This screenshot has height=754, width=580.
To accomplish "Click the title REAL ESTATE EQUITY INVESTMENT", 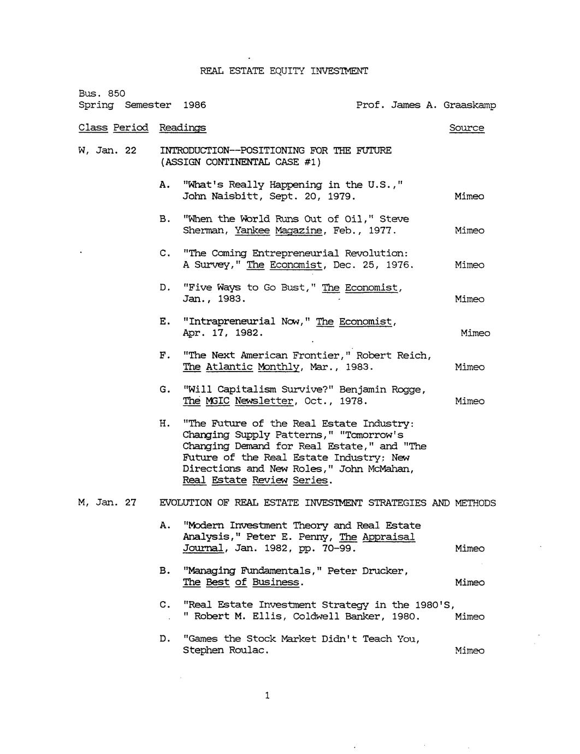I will point(284,71).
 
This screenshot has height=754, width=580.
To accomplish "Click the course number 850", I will point(116,93).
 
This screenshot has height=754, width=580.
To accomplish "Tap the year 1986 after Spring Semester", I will point(194,105).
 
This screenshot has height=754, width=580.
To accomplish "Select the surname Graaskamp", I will point(470,105).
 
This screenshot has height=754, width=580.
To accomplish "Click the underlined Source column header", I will point(466,128).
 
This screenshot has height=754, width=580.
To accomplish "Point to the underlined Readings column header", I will point(182,128).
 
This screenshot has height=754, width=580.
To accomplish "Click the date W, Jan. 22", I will point(108,150).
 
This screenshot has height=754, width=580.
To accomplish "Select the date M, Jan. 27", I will point(108,503).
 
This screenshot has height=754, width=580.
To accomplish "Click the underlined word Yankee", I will point(252,231).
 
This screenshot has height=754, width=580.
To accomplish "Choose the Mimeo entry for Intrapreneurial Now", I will point(475,333).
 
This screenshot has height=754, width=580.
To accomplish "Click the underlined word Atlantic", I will point(229,367).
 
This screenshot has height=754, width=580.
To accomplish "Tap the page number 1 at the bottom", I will point(267,696).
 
